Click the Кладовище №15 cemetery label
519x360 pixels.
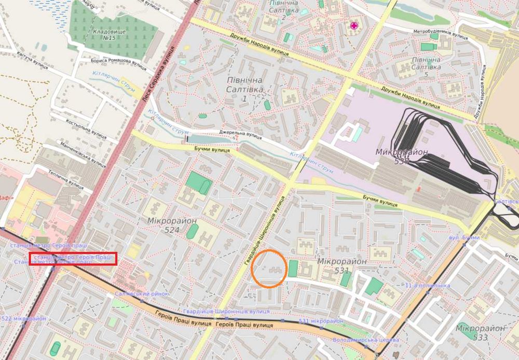click(104, 35)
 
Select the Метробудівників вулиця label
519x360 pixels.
click(441, 32)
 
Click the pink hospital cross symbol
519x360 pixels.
click(355, 25)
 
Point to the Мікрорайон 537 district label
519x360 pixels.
click(402, 156)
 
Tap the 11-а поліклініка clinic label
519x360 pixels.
click(427, 286)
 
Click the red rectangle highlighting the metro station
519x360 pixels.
click(73, 259)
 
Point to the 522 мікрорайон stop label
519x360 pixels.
click(24, 318)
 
